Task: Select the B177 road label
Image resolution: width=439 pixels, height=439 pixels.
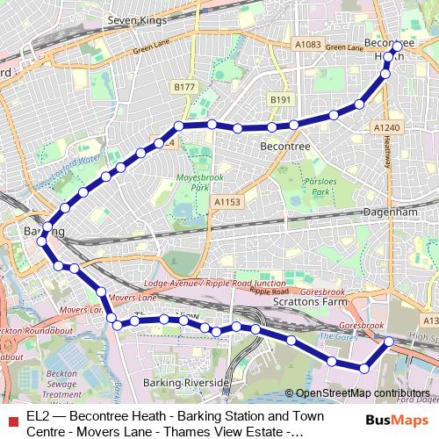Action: [x=184, y=87]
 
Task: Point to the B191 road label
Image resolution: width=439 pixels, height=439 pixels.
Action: [x=280, y=100]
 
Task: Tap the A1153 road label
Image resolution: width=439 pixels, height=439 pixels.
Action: [x=227, y=202]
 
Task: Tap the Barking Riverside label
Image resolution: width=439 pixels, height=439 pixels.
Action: [x=187, y=384]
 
